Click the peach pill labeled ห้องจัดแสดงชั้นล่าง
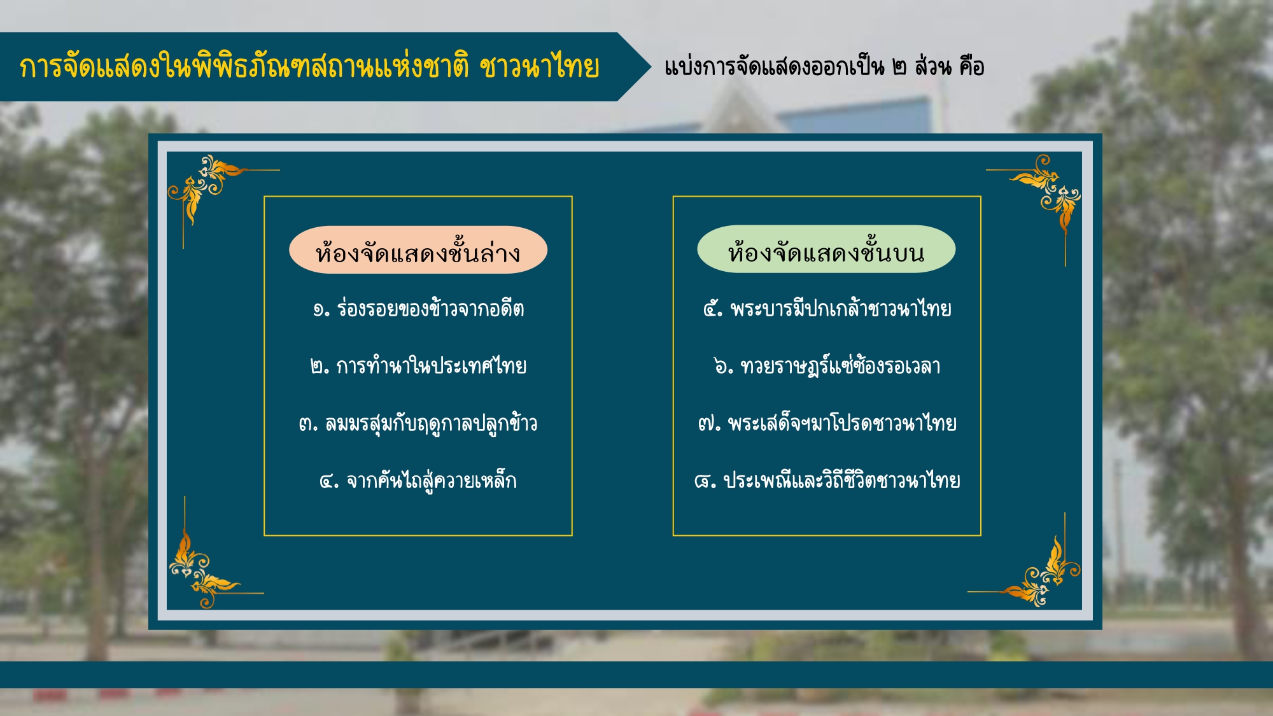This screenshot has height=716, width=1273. pyautogui.click(x=418, y=249)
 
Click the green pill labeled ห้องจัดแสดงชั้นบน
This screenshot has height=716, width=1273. pyautogui.click(x=826, y=249)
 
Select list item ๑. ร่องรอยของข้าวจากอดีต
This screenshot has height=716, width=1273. pyautogui.click(x=418, y=309)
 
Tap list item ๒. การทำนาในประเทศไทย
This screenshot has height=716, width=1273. pyautogui.click(x=418, y=365)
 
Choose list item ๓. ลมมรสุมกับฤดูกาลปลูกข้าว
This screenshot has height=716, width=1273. pyautogui.click(x=418, y=423)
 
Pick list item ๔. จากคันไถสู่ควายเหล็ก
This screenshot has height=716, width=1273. pyautogui.click(x=418, y=480)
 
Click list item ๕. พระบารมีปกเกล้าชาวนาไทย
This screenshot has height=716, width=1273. pyautogui.click(x=827, y=308)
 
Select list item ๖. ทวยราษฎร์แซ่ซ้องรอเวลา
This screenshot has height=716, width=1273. pyautogui.click(x=827, y=365)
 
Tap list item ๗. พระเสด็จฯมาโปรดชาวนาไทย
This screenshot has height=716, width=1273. pyautogui.click(x=827, y=422)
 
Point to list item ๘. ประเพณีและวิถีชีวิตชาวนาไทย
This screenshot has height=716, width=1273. pyautogui.click(x=827, y=479)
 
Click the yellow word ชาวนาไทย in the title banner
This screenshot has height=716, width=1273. pyautogui.click(x=539, y=67)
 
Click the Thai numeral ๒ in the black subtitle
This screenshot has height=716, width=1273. pyautogui.click(x=899, y=67)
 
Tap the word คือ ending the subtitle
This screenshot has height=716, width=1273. pyautogui.click(x=972, y=66)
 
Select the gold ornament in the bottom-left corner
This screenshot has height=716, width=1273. pyautogui.click(x=204, y=566)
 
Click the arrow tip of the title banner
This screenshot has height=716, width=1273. pyautogui.click(x=651, y=67)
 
